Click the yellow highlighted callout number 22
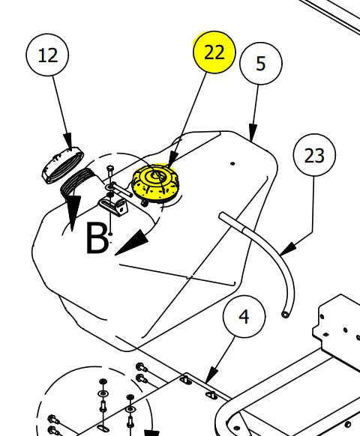coord(214,52)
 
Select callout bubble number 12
coord(47,55)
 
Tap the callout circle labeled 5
coord(260,64)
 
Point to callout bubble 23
coord(314,155)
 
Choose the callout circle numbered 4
coord(244,316)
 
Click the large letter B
coord(97,238)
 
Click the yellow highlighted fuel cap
coord(156,183)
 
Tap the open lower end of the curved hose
coord(285,315)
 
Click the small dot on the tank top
coord(232,164)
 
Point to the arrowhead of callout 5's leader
coord(253,133)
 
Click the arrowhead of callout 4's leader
coord(211,375)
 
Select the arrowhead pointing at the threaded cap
coord(68,142)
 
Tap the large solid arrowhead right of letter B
coord(131,243)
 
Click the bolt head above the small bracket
coord(110,169)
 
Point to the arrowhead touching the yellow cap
coord(172,160)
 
